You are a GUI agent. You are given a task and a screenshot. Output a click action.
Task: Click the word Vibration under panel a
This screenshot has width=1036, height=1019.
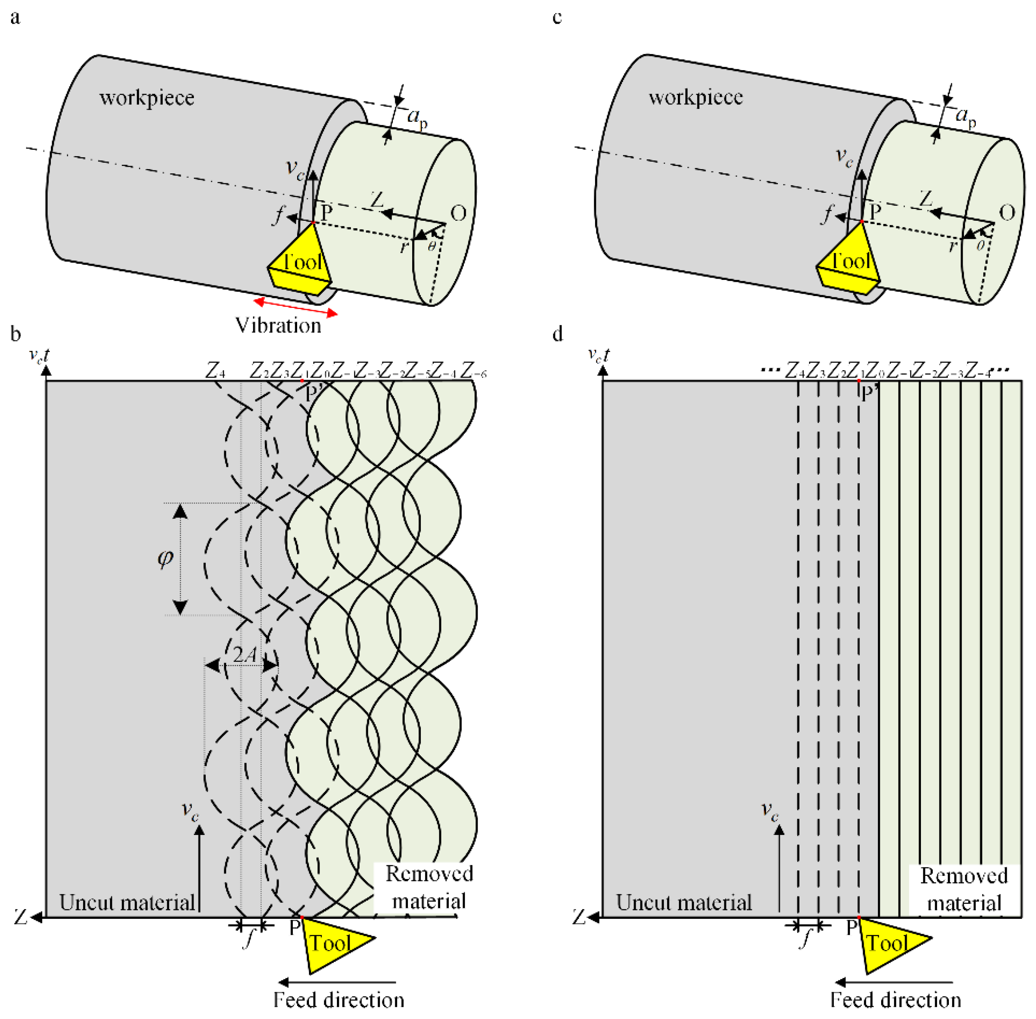(x=278, y=325)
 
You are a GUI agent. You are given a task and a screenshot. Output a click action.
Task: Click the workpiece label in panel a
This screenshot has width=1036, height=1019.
(x=147, y=98)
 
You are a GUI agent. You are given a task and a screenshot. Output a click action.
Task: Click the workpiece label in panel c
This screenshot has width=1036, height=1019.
(x=695, y=97)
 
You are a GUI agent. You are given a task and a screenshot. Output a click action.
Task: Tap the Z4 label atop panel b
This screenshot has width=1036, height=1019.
(x=215, y=370)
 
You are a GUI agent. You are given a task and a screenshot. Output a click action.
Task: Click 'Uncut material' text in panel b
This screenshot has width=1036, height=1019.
(x=127, y=903)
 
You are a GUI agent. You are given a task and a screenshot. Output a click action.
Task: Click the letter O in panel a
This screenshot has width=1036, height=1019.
(x=458, y=214)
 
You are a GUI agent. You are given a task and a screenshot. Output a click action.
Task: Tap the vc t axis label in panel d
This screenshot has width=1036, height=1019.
(x=598, y=355)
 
